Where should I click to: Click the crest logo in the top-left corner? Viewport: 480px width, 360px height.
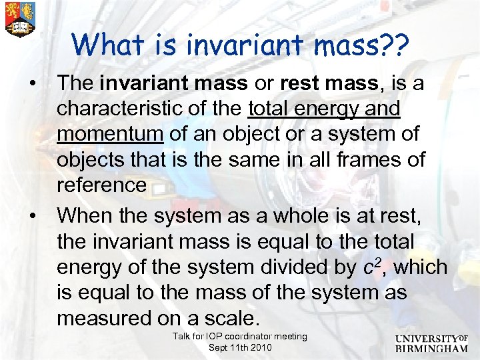tap(19, 19)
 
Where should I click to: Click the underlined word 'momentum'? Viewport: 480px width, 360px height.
tap(110, 134)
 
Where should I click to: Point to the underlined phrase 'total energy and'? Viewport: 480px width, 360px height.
tap(324, 109)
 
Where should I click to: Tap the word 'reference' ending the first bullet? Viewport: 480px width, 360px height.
tap(101, 185)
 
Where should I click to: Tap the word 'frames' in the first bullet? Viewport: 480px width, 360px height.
tap(369, 159)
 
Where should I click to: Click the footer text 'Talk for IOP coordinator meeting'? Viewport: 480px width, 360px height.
tap(240, 337)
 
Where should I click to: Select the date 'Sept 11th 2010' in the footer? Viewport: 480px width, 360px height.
tap(240, 347)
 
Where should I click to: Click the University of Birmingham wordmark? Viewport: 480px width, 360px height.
tap(432, 342)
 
